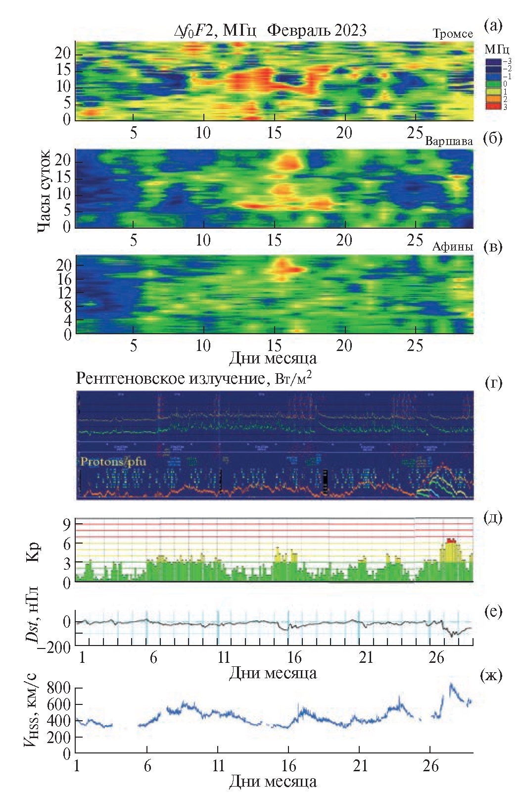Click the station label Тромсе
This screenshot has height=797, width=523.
point(453,34)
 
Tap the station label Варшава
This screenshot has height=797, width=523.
point(449,141)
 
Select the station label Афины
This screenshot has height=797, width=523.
point(452,247)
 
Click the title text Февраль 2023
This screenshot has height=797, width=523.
point(317,31)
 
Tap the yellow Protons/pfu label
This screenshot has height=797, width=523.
point(113,461)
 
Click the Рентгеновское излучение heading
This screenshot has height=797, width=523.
point(171,379)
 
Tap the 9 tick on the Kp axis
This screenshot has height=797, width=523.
point(66,523)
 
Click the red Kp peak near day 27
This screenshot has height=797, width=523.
point(450,540)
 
